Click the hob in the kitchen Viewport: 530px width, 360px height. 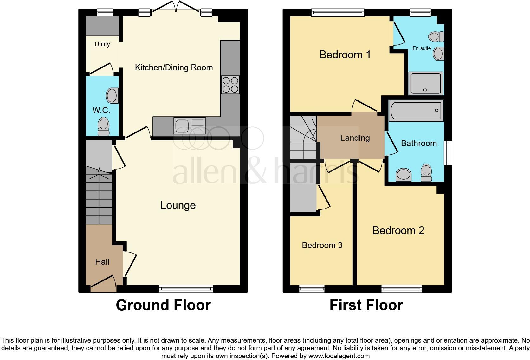(x=230, y=85)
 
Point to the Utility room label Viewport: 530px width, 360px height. (x=102, y=44)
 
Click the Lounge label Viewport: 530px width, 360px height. (x=178, y=205)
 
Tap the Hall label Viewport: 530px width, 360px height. (x=102, y=262)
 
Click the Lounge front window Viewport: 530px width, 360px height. (x=186, y=288)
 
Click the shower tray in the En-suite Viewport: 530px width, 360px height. (x=425, y=83)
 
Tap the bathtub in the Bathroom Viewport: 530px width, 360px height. (x=416, y=111)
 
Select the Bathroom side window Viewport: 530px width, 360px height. (x=448, y=153)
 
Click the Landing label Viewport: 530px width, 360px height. (x=355, y=138)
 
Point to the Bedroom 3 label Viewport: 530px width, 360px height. (x=322, y=245)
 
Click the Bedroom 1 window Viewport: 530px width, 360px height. (x=338, y=13)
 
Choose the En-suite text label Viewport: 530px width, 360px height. (x=422, y=48)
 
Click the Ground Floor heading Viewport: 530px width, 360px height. (x=163, y=305)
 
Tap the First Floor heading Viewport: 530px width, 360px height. (x=366, y=305)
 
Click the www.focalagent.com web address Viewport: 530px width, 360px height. (x=339, y=356)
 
